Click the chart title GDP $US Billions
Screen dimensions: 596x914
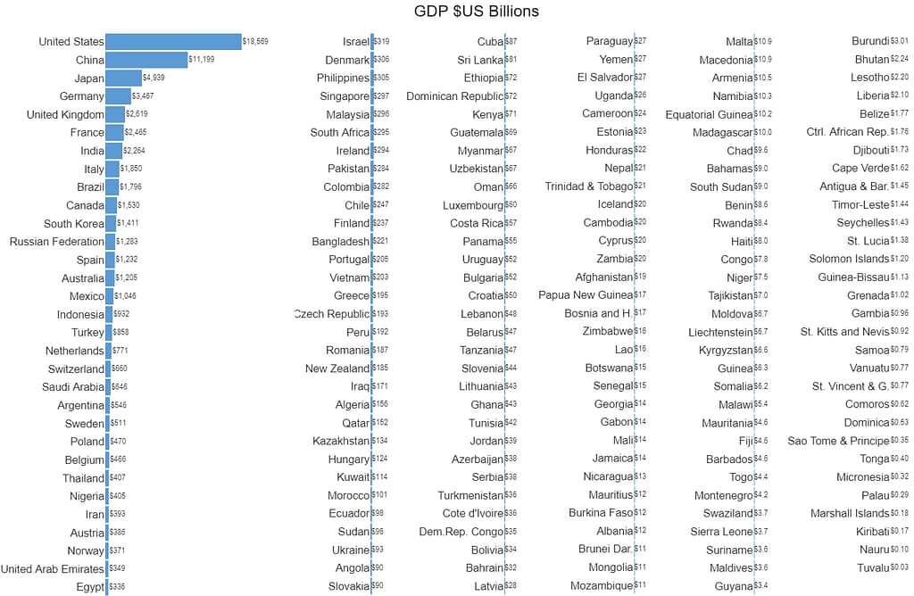point(477,12)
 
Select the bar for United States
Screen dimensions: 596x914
point(173,42)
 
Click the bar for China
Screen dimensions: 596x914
point(146,60)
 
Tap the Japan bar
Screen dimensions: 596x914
point(123,78)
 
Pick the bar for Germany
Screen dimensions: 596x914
point(118,96)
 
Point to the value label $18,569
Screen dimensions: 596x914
point(255,42)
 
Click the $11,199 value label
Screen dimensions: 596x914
point(202,60)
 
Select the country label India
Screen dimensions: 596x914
point(92,151)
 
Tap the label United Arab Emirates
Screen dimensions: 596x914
point(52,568)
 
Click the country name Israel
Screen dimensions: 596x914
point(355,42)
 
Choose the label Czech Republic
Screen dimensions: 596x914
point(332,314)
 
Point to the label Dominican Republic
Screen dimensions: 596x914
point(454,96)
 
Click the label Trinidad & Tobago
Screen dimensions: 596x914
point(588,186)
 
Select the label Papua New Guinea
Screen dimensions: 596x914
point(585,295)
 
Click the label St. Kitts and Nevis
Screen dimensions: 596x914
point(844,332)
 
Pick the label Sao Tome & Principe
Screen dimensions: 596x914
point(838,441)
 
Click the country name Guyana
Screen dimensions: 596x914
point(734,586)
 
